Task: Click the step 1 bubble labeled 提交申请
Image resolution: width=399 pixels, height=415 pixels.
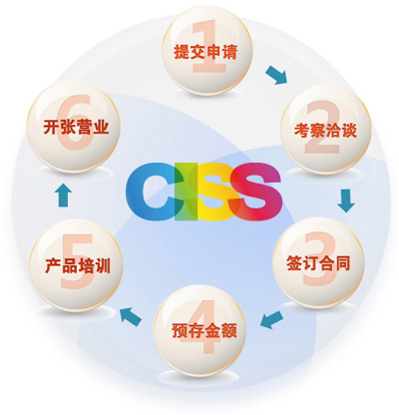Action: point(206,52)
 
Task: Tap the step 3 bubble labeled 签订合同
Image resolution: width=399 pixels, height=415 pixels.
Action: point(318,262)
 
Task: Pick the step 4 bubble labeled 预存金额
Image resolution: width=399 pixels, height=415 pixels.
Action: point(199,330)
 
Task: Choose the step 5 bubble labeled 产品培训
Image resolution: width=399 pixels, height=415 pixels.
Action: point(76,265)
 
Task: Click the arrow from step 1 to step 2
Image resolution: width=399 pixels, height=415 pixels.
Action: point(276,75)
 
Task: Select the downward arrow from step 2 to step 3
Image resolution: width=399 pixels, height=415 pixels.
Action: point(346,201)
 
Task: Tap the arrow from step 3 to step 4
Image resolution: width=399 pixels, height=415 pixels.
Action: point(271,319)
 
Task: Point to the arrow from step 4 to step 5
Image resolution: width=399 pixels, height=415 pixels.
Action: point(131,315)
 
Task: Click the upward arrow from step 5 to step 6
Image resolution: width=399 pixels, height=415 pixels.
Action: point(63,196)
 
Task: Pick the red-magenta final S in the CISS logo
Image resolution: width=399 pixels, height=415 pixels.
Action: point(255,192)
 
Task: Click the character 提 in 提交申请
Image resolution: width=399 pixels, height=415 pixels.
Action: point(182,52)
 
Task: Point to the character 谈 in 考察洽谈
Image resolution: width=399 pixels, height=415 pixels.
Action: point(349,130)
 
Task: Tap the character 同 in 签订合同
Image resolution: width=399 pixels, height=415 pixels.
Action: point(342,262)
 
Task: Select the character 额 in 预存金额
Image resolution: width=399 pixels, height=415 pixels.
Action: point(229,330)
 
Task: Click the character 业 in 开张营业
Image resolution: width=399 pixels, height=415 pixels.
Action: point(101,127)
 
